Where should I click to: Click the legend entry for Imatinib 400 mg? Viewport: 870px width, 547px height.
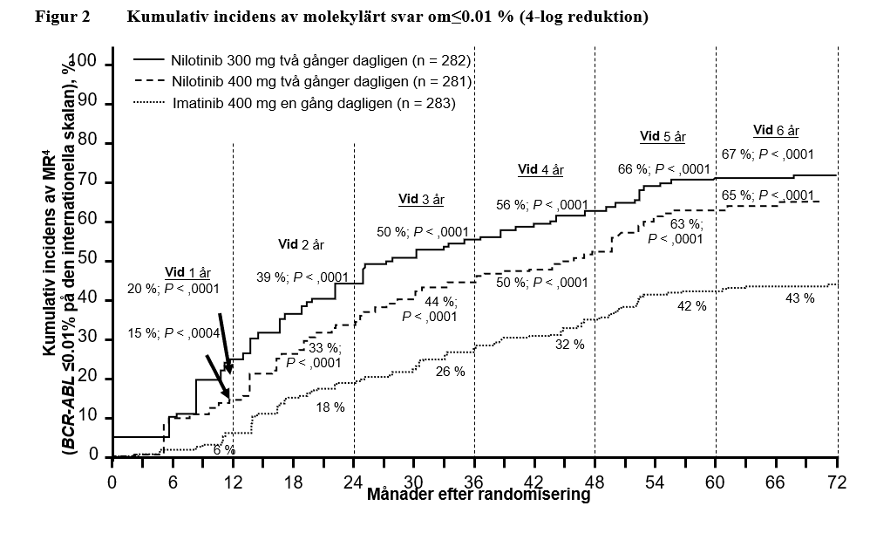(295, 103)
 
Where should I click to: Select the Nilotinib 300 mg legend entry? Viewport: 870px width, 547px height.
(302, 61)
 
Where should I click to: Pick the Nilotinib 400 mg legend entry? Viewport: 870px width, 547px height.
(302, 82)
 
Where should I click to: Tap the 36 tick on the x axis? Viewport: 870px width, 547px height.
(474, 482)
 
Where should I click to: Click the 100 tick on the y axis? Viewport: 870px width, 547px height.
(86, 65)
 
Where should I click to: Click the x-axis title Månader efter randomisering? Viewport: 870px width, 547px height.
(479, 496)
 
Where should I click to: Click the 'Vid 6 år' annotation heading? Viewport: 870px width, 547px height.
(776, 130)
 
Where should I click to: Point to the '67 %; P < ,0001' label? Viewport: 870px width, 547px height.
(767, 154)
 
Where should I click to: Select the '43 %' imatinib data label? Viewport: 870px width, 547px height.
(799, 298)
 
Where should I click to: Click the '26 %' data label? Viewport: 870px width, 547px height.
(450, 371)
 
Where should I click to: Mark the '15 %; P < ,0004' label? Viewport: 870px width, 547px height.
(173, 333)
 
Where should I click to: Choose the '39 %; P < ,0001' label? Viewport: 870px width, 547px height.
(302, 277)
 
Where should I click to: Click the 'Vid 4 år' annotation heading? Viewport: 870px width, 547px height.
(540, 169)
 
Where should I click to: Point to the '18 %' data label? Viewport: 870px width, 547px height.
(329, 407)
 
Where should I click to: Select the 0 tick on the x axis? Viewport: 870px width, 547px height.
(112, 482)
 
